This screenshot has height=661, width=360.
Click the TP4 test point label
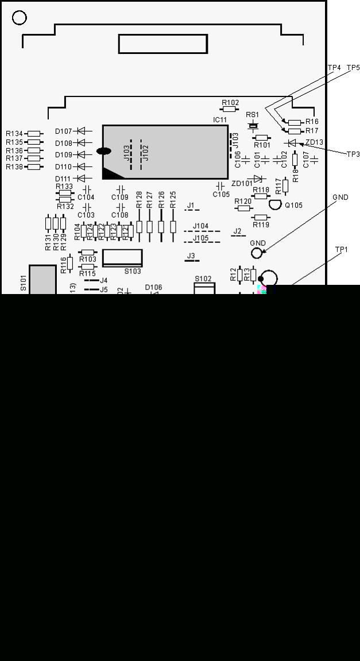pos(334,68)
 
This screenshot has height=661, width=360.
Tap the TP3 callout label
pos(353,154)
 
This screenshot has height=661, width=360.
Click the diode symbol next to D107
pos(84,131)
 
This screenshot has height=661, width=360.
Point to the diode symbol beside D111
pos(84,179)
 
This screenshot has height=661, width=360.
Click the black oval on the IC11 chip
pos(104,152)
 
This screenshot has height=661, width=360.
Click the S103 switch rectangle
pos(122,258)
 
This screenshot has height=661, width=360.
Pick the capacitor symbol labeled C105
pos(220,186)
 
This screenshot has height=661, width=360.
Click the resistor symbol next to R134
pos(34,134)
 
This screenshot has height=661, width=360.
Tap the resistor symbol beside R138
pos(34,167)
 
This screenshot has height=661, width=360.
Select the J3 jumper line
pos(191,261)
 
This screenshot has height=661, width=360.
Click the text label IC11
pos(220,119)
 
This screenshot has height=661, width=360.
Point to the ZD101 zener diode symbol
pos(258,179)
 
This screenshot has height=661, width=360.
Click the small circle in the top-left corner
pos(20,18)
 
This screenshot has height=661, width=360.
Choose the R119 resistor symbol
pos(261,217)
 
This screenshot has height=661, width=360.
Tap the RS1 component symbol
pos(253,125)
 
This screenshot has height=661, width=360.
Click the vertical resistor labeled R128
pos(139,226)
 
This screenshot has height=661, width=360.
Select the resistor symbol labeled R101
pos(262,137)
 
